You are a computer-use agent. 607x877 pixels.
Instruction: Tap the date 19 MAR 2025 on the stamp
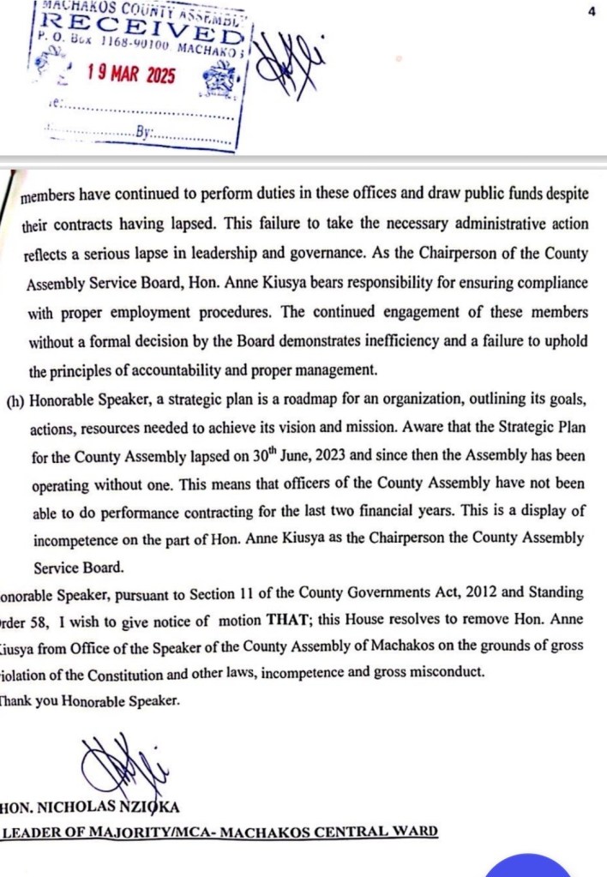130,75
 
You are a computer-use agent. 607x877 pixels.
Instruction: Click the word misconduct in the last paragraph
447,672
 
